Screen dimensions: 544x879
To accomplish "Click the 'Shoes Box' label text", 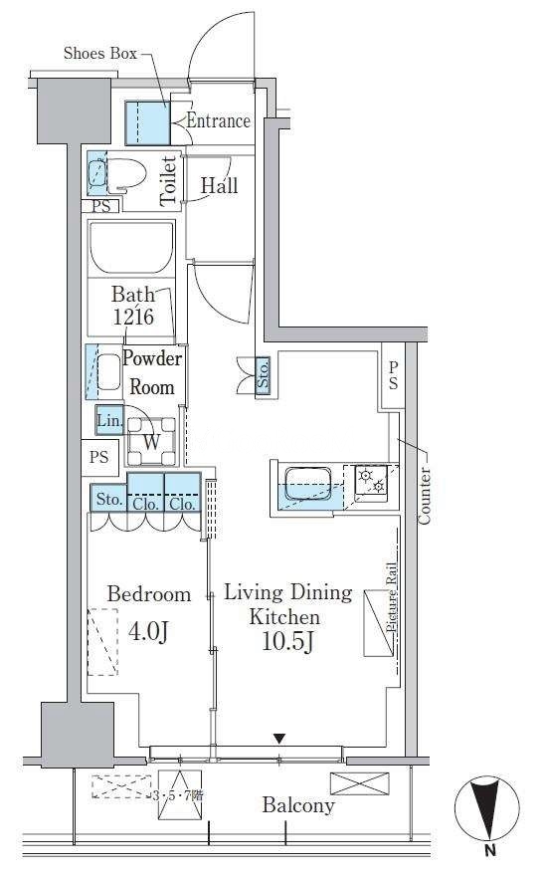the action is pyautogui.click(x=100, y=53).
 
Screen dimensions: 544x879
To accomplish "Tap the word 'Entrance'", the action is pyautogui.click(x=218, y=120).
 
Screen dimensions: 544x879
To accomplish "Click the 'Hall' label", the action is pyautogui.click(x=219, y=185).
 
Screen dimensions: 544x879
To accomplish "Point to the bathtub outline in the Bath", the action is pyautogui.click(x=131, y=248).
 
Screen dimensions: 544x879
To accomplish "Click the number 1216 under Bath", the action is pyautogui.click(x=133, y=318).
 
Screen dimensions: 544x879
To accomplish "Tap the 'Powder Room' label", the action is pyautogui.click(x=152, y=372).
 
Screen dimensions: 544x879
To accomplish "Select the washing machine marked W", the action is pyautogui.click(x=151, y=442).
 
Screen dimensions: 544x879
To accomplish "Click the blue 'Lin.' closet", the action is pyautogui.click(x=109, y=420).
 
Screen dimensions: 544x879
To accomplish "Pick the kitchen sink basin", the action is pyautogui.click(x=307, y=484).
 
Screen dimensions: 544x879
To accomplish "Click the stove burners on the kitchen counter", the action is pyautogui.click(x=372, y=482).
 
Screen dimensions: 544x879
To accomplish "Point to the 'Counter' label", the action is pyautogui.click(x=425, y=496).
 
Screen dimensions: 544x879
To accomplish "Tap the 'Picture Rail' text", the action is pyautogui.click(x=392, y=597).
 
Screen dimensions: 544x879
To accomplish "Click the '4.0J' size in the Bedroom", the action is pyautogui.click(x=148, y=631).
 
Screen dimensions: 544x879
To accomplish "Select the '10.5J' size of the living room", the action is pyautogui.click(x=287, y=641).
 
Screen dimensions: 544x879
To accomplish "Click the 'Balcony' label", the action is pyautogui.click(x=298, y=805).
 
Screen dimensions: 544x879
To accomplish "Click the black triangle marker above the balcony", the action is pyautogui.click(x=279, y=739).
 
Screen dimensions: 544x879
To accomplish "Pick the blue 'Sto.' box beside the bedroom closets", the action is pyautogui.click(x=108, y=499).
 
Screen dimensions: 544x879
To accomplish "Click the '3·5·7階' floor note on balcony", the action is pyautogui.click(x=178, y=795).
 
